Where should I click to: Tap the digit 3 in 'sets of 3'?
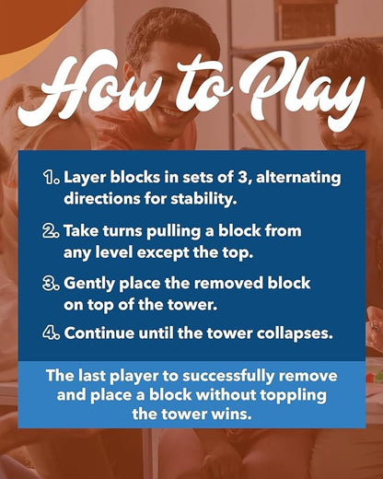click(x=241, y=178)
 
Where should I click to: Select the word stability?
click(x=203, y=200)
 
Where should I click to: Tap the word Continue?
click(x=99, y=333)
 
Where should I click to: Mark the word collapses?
click(x=295, y=334)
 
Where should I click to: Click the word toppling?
click(x=293, y=396)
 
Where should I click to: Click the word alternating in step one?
click(x=298, y=179)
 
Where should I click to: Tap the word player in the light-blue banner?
click(x=134, y=377)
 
